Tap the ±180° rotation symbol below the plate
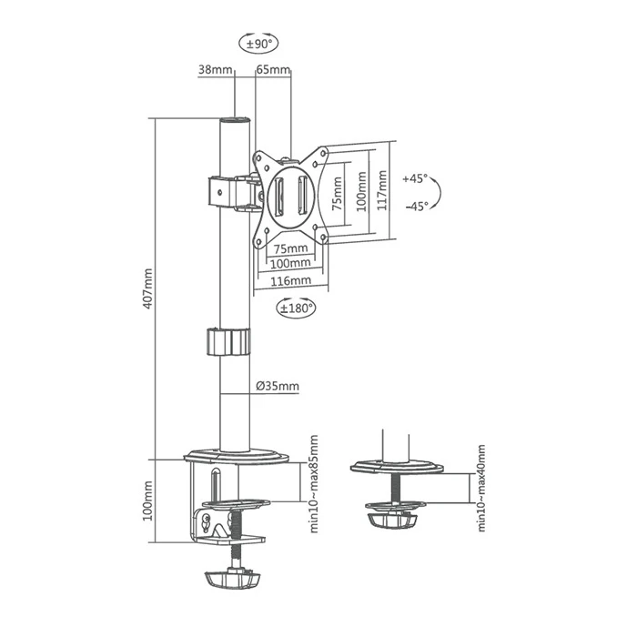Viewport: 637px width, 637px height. point(295,308)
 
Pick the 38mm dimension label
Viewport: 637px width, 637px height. point(215,69)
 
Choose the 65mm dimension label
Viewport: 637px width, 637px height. point(273,69)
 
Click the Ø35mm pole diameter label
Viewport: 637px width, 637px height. point(277,386)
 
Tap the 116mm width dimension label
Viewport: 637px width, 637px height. point(290,281)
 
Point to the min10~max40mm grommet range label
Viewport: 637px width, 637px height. point(480,488)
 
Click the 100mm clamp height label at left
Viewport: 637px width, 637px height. point(147,502)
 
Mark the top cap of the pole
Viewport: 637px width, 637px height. point(235,121)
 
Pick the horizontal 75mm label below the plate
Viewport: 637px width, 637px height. point(290,248)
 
